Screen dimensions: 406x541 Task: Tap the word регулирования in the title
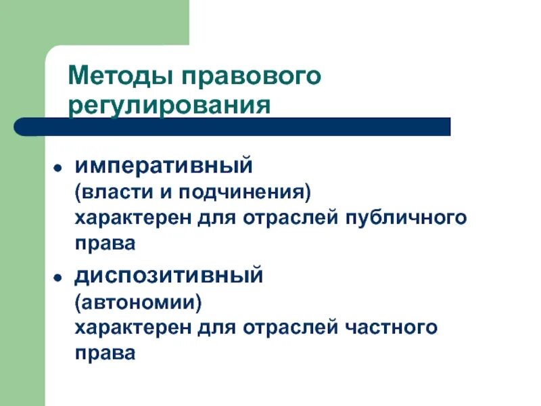pyautogui.click(x=169, y=106)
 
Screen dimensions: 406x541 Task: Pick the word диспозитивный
pyautogui.click(x=168, y=276)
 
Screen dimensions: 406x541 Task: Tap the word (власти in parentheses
pyautogui.click(x=110, y=192)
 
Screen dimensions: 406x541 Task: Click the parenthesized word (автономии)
pyautogui.click(x=138, y=302)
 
